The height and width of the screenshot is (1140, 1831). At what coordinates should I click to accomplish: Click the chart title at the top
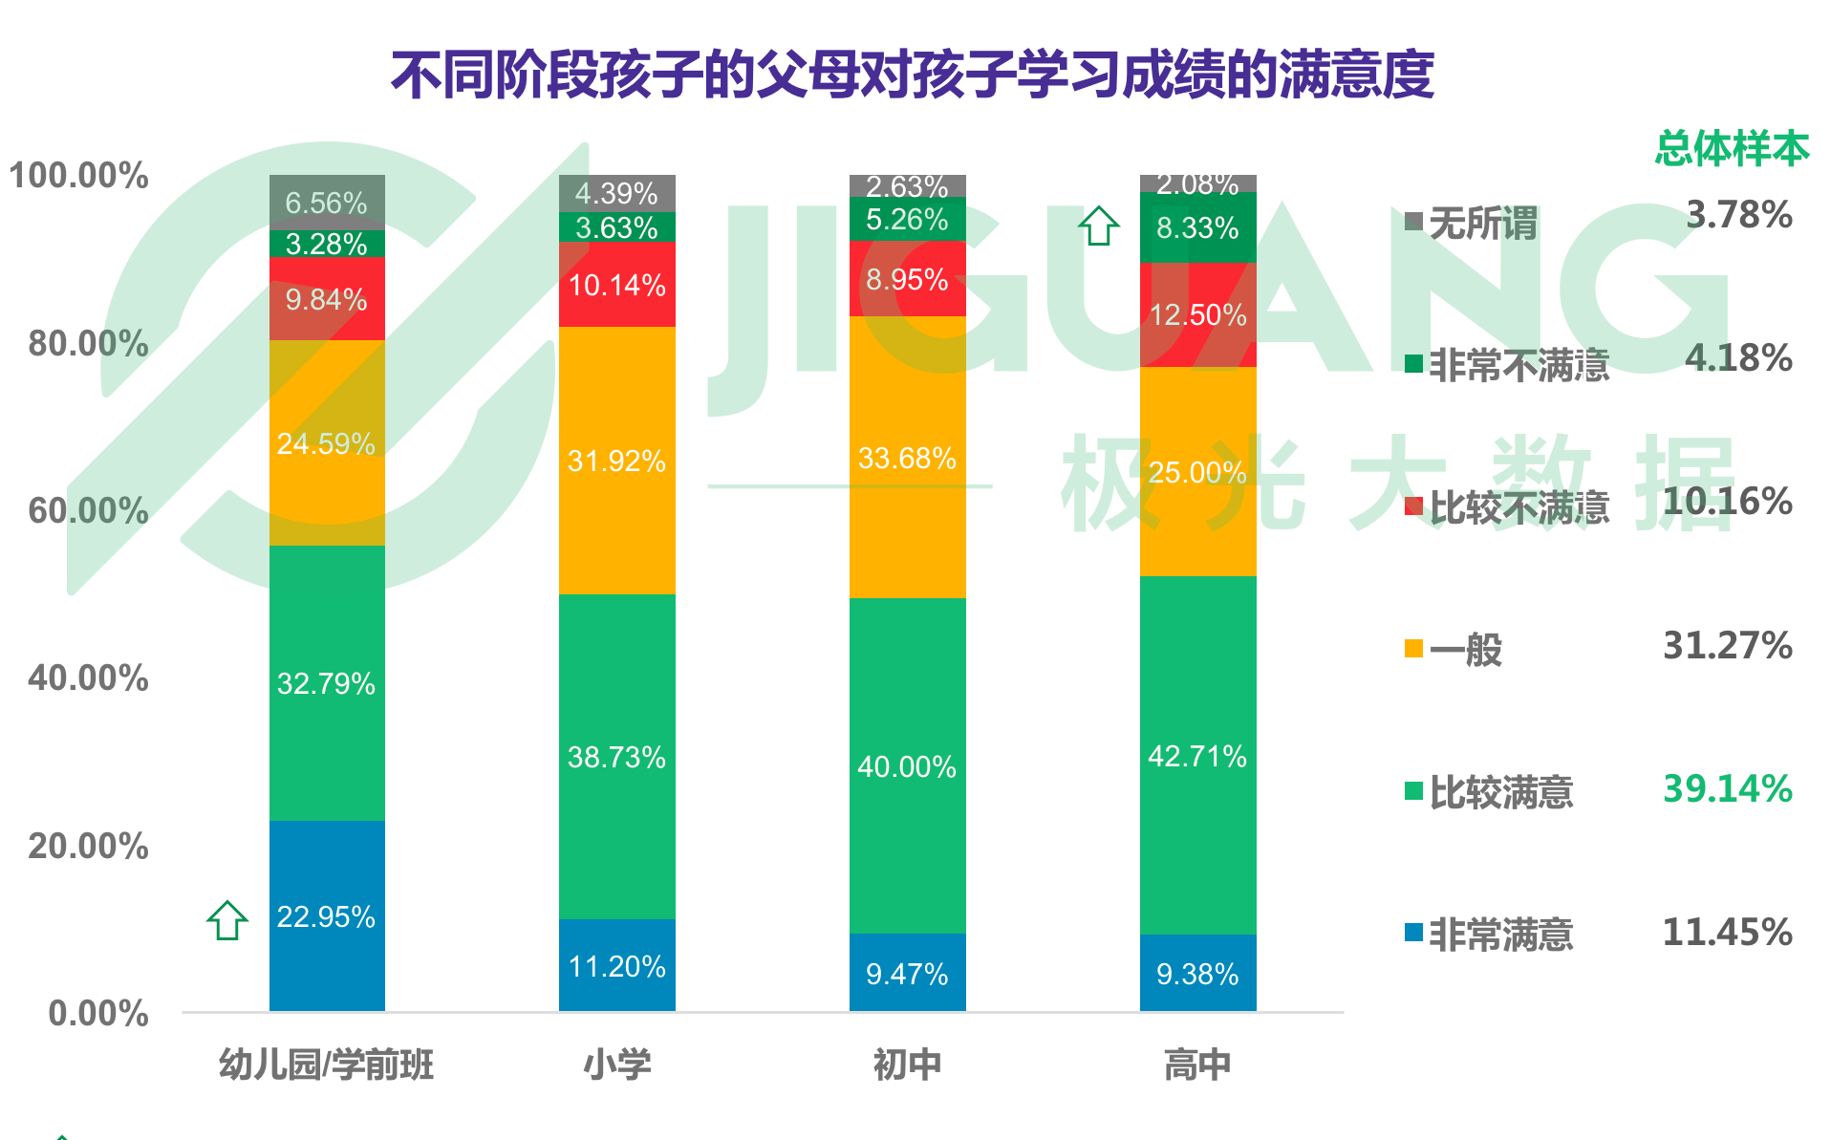[x=913, y=75]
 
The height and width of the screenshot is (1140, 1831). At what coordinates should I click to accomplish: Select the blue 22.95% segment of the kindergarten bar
[x=327, y=915]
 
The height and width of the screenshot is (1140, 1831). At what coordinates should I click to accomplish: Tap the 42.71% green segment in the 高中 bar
[x=1197, y=755]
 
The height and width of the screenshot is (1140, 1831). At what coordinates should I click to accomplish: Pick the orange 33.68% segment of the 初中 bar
[x=907, y=457]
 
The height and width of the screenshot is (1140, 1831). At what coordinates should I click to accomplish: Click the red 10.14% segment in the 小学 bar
[x=616, y=285]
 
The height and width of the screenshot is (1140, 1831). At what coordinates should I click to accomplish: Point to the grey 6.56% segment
[x=327, y=202]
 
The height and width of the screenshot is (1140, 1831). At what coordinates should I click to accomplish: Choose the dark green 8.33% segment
[x=1197, y=227]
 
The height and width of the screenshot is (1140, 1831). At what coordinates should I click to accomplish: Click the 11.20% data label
[x=616, y=966]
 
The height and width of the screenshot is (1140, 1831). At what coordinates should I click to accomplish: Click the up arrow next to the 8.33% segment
[x=1098, y=226]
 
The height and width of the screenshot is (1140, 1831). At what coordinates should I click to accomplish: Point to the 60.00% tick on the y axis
[x=88, y=510]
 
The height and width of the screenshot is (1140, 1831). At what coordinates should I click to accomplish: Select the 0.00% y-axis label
[x=98, y=1013]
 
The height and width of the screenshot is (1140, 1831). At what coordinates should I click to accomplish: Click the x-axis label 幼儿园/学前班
[x=327, y=1064]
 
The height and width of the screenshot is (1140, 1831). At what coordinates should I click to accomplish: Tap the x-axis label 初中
[x=907, y=1064]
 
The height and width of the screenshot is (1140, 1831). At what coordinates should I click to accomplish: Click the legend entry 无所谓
[x=1482, y=223]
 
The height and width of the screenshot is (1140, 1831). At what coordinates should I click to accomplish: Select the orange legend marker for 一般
[x=1413, y=649]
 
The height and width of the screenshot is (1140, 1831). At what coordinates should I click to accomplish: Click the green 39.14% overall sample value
[x=1727, y=788]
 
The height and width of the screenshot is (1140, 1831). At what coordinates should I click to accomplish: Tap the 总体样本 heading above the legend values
[x=1732, y=148]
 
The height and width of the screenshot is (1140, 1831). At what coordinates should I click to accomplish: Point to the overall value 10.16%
[x=1727, y=501]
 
